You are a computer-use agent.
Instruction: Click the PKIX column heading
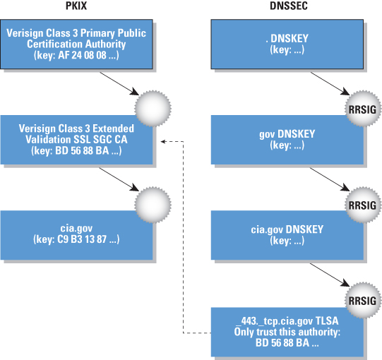tap(76, 6)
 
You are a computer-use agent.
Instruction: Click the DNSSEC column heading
tap(289, 6)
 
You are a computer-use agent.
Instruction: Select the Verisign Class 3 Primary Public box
tap(76, 44)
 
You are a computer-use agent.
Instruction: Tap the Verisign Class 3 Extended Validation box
tap(76, 140)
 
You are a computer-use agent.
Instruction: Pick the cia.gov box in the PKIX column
tap(76, 235)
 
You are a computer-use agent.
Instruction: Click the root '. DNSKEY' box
tap(287, 44)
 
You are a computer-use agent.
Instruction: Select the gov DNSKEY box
tap(287, 140)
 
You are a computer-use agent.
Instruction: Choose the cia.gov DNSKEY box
tap(287, 235)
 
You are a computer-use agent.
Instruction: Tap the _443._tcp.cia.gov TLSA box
tap(287, 332)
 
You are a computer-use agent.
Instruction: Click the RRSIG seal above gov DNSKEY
tap(363, 109)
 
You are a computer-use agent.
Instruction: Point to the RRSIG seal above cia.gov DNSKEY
tap(363, 205)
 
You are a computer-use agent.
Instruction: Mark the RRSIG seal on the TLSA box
tap(363, 301)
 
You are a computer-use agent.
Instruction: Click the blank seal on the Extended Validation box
tap(153, 109)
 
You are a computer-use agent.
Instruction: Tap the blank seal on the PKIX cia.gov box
tap(153, 205)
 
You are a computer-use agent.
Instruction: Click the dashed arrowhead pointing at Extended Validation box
tap(163, 141)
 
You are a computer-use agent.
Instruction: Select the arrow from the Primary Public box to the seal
tap(119, 83)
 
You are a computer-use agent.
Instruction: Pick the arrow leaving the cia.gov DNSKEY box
tap(330, 275)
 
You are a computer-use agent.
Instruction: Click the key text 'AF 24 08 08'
tap(82, 55)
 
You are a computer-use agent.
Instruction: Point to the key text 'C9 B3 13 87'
tap(82, 239)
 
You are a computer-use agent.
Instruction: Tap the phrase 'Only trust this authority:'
tap(287, 332)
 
